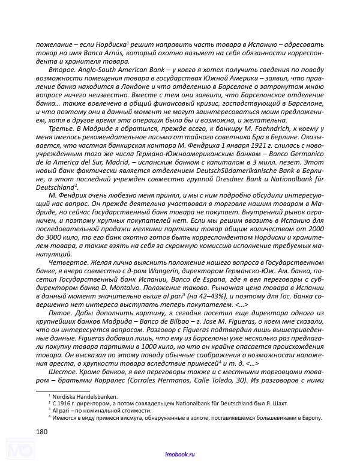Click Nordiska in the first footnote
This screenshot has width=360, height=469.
[x=66, y=396]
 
